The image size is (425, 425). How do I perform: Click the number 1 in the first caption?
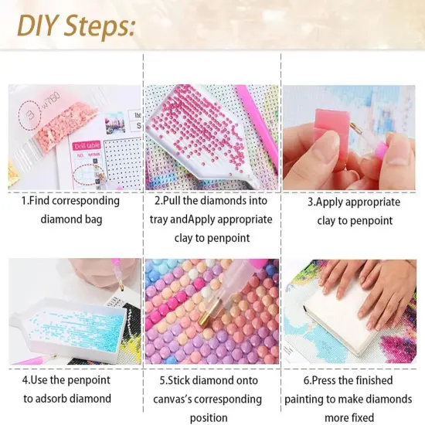25,201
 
